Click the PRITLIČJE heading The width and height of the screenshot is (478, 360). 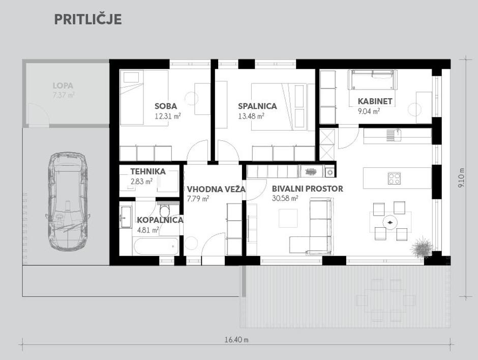point(88,19)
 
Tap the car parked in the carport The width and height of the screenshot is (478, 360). point(67,201)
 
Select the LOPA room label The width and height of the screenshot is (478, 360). point(63,85)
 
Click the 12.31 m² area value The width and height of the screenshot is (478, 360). point(168,116)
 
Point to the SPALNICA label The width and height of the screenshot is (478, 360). point(257,106)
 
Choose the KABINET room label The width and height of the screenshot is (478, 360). point(375,101)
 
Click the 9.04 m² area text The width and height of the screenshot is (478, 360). point(369,111)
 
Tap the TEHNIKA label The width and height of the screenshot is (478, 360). point(148,171)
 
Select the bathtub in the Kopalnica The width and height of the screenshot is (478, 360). point(156,246)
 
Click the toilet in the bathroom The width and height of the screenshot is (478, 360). point(165,211)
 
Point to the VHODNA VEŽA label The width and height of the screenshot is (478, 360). point(216,189)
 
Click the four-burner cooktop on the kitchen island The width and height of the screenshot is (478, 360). point(394,178)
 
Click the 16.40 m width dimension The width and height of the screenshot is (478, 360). point(236,340)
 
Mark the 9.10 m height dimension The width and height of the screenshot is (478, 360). point(461,178)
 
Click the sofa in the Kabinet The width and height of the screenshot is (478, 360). point(373,79)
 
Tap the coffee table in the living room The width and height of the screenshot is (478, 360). point(288,218)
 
